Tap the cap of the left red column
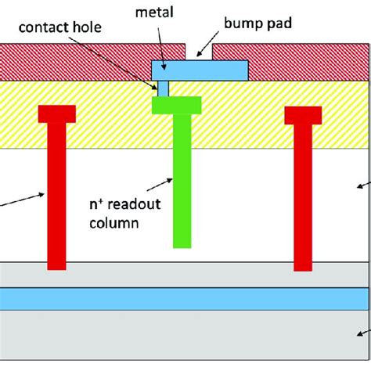57,113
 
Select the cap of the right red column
303,114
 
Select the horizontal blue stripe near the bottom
185,298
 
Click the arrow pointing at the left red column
23,199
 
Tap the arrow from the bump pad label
204,52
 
